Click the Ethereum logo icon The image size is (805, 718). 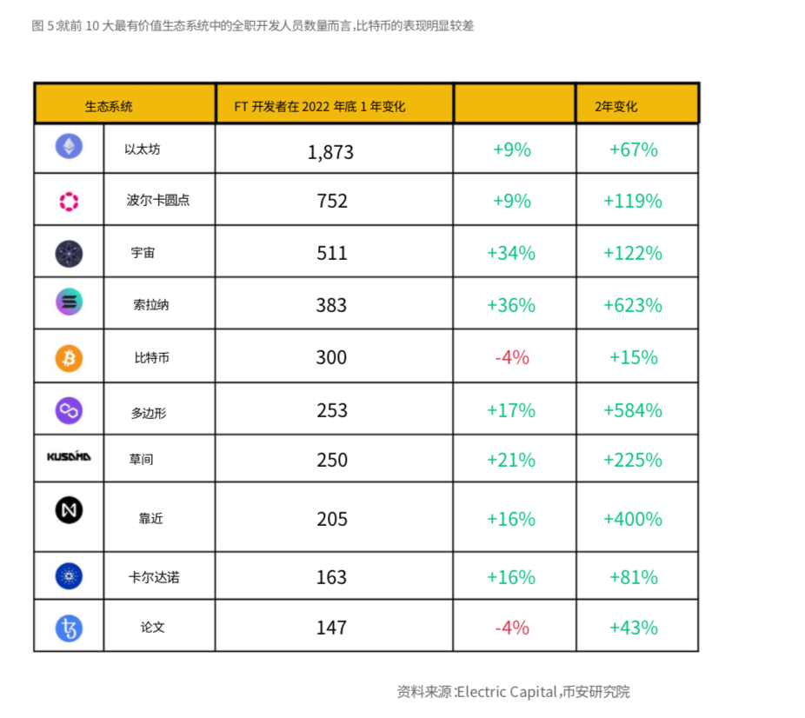coord(70,148)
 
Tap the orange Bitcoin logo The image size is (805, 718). coord(69,357)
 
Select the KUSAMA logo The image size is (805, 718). coord(69,456)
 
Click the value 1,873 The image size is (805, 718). coord(330,152)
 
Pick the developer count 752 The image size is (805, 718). coord(332,202)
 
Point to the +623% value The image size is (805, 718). coord(633,306)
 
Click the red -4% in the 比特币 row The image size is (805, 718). coord(511,357)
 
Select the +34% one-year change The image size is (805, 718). coord(511,254)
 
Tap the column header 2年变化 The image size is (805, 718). coord(616,106)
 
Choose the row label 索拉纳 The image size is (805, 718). coord(151,305)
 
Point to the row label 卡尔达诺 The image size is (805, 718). coord(153,577)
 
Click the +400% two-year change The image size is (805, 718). coord(633,520)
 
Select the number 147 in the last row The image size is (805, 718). coord(332,628)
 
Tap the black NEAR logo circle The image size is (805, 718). coord(70,511)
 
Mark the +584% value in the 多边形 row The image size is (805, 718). coord(633,410)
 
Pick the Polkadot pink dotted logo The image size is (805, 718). coord(69,202)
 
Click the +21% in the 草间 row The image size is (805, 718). coord(511,460)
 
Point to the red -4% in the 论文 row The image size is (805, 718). coord(511,628)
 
